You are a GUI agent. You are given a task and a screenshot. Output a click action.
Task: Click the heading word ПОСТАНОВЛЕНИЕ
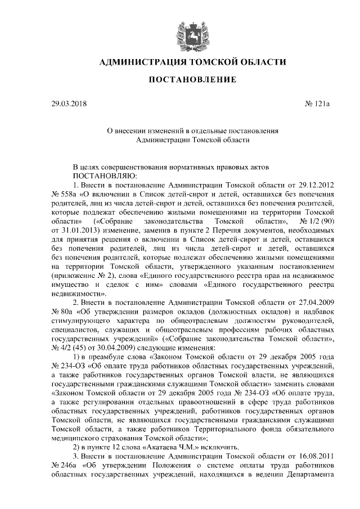[192, 80]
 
